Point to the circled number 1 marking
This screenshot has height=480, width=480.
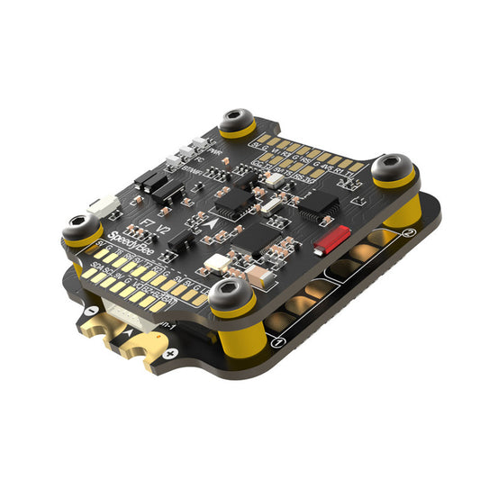click(x=279, y=343)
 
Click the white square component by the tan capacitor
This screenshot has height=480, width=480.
click(x=215, y=264)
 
